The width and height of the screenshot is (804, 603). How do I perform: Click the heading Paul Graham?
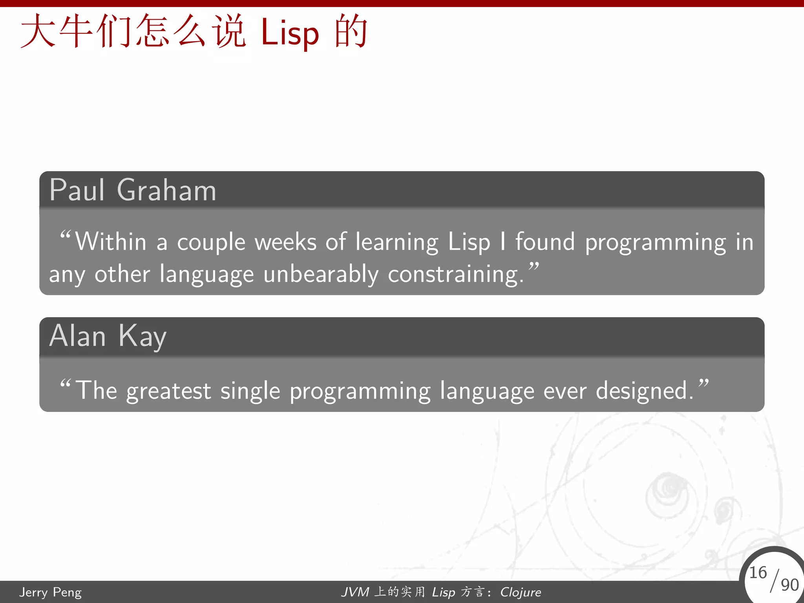click(133, 190)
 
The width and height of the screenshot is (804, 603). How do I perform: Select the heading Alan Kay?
click(108, 336)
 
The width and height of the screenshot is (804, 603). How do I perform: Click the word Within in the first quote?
click(111, 242)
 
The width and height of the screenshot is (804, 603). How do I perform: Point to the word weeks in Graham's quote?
click(285, 242)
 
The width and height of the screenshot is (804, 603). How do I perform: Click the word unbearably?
click(321, 274)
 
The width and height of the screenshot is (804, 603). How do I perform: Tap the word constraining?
click(455, 274)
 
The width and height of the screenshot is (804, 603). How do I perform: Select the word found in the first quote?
click(545, 242)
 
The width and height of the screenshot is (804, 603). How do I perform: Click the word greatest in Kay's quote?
click(168, 391)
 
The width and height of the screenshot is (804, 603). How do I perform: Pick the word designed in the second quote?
click(644, 391)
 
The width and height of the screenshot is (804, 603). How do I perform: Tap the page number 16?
click(758, 573)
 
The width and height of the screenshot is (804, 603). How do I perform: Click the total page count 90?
click(789, 585)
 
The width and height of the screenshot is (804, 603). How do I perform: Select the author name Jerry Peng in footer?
click(50, 592)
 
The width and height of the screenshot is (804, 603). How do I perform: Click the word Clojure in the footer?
click(521, 592)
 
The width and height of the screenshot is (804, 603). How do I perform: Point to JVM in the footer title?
click(355, 592)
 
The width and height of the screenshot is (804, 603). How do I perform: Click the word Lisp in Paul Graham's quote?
click(469, 242)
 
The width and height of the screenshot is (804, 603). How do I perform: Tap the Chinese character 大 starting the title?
click(37, 31)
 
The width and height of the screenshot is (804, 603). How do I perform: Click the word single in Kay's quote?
click(250, 391)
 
